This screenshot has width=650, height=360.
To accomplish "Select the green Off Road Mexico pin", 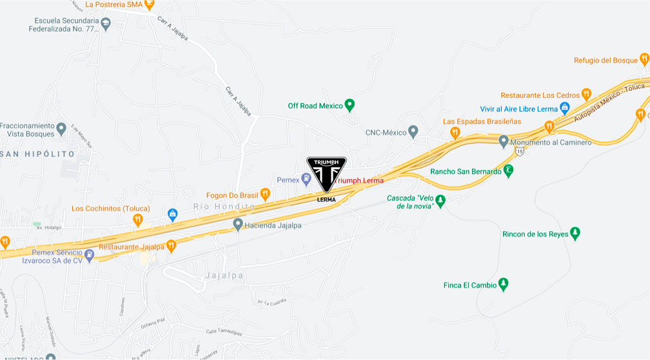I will pyautogui.click(x=350, y=105).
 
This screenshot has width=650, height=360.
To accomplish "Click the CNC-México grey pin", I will pyautogui.click(x=413, y=132).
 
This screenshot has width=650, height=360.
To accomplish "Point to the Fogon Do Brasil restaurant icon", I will pyautogui.click(x=264, y=194).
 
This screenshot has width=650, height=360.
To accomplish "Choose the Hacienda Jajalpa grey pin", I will pyautogui.click(x=238, y=225).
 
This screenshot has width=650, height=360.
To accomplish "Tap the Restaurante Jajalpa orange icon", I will pyautogui.click(x=171, y=245).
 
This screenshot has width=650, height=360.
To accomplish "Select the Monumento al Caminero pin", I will pyautogui.click(x=504, y=141).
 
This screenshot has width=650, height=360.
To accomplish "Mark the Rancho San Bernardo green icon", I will pyautogui.click(x=509, y=171).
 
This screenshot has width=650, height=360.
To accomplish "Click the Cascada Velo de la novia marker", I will pyautogui.click(x=440, y=201).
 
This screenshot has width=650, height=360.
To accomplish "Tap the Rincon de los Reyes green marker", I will pyautogui.click(x=575, y=233).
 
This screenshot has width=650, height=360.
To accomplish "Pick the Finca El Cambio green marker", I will pyautogui.click(x=504, y=284).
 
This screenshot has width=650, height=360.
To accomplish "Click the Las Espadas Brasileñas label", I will pyautogui.click(x=482, y=121).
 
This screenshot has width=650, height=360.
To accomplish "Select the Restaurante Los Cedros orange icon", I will pyautogui.click(x=586, y=94).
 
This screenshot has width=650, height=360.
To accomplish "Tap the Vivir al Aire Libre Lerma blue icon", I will pyautogui.click(x=564, y=108).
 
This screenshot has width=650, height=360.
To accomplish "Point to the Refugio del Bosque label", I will pyautogui.click(x=606, y=61).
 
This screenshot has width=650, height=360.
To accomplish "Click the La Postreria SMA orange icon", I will pyautogui.click(x=150, y=5).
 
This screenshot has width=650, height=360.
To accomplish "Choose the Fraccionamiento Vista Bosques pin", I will pyautogui.click(x=61, y=127).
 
